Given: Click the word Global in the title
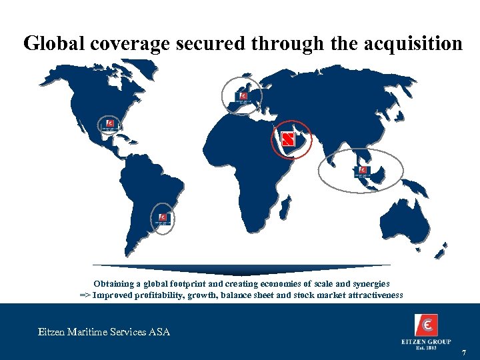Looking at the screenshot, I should coord(49,43).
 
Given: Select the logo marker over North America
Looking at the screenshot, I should coord(109,125).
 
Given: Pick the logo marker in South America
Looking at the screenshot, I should coord(163,219).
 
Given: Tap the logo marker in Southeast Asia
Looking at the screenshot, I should coord(363,171).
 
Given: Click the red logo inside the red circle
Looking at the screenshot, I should coord(288,139).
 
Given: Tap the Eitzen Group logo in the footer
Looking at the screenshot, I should coord(426,329).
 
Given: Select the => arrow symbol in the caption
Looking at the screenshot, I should coord(85,295).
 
